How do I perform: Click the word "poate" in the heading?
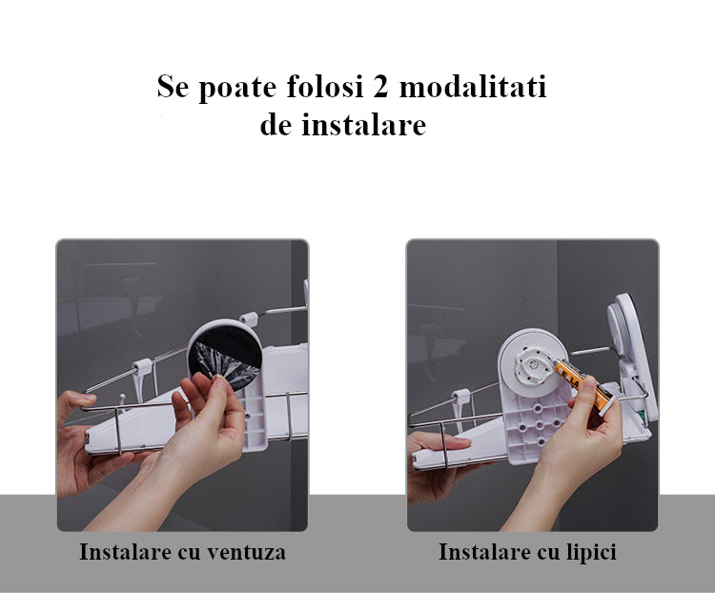(x=237, y=87)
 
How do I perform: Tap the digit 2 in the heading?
(x=379, y=86)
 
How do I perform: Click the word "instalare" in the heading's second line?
(x=364, y=124)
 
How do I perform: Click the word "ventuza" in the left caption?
(x=246, y=552)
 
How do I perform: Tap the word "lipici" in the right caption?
(x=591, y=552)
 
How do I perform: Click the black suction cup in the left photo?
(x=224, y=358)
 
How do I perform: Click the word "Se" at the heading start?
(x=173, y=86)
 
